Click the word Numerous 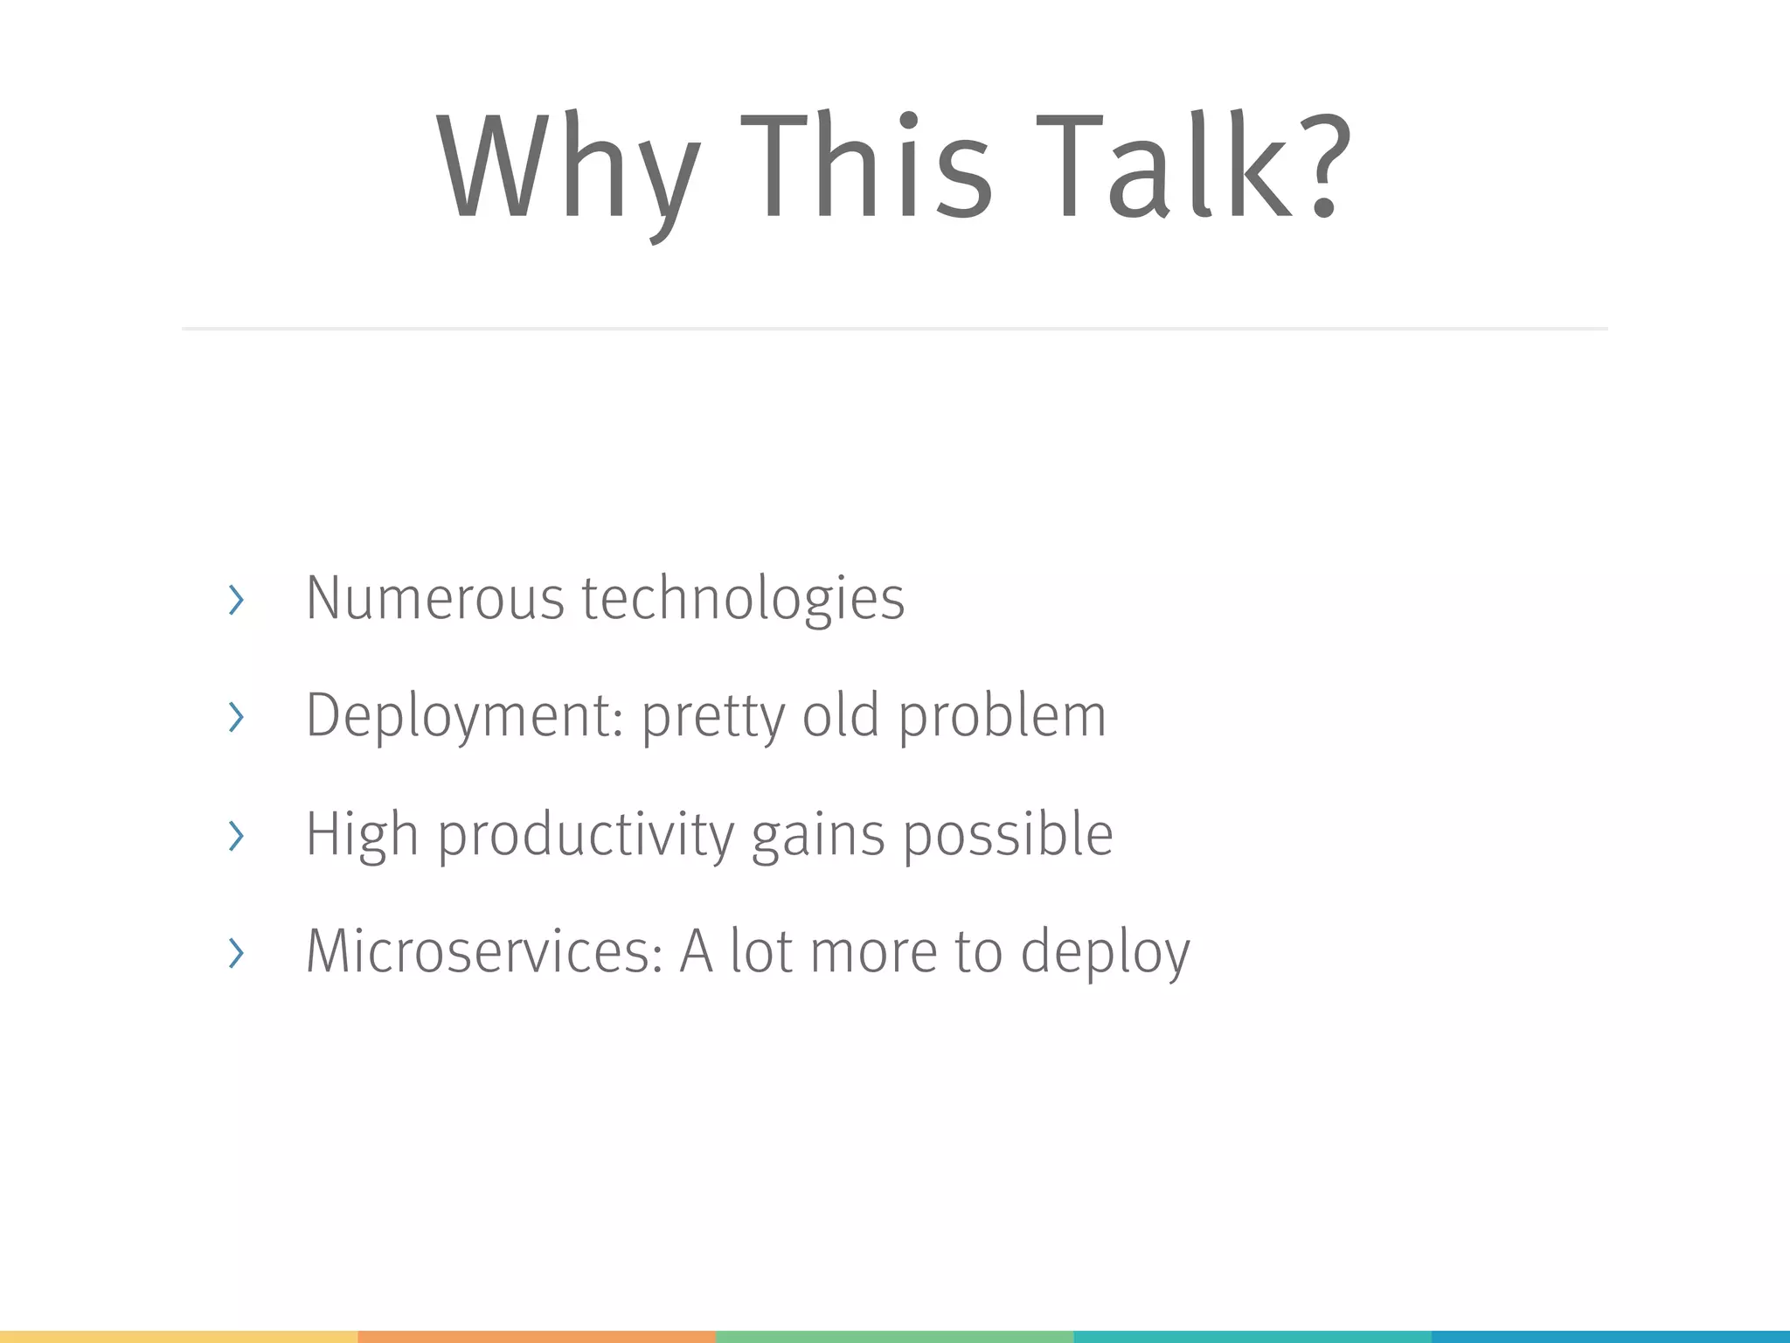click(434, 599)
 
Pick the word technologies click(743, 599)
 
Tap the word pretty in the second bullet click(713, 717)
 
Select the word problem click(1003, 717)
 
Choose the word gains click(818, 835)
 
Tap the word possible click(1008, 835)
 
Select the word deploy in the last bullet click(1105, 953)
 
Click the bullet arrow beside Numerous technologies click(235, 600)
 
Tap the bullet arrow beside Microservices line click(235, 952)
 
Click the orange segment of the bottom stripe click(537, 1336)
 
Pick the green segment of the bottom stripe click(894, 1336)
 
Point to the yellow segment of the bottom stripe click(178, 1336)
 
